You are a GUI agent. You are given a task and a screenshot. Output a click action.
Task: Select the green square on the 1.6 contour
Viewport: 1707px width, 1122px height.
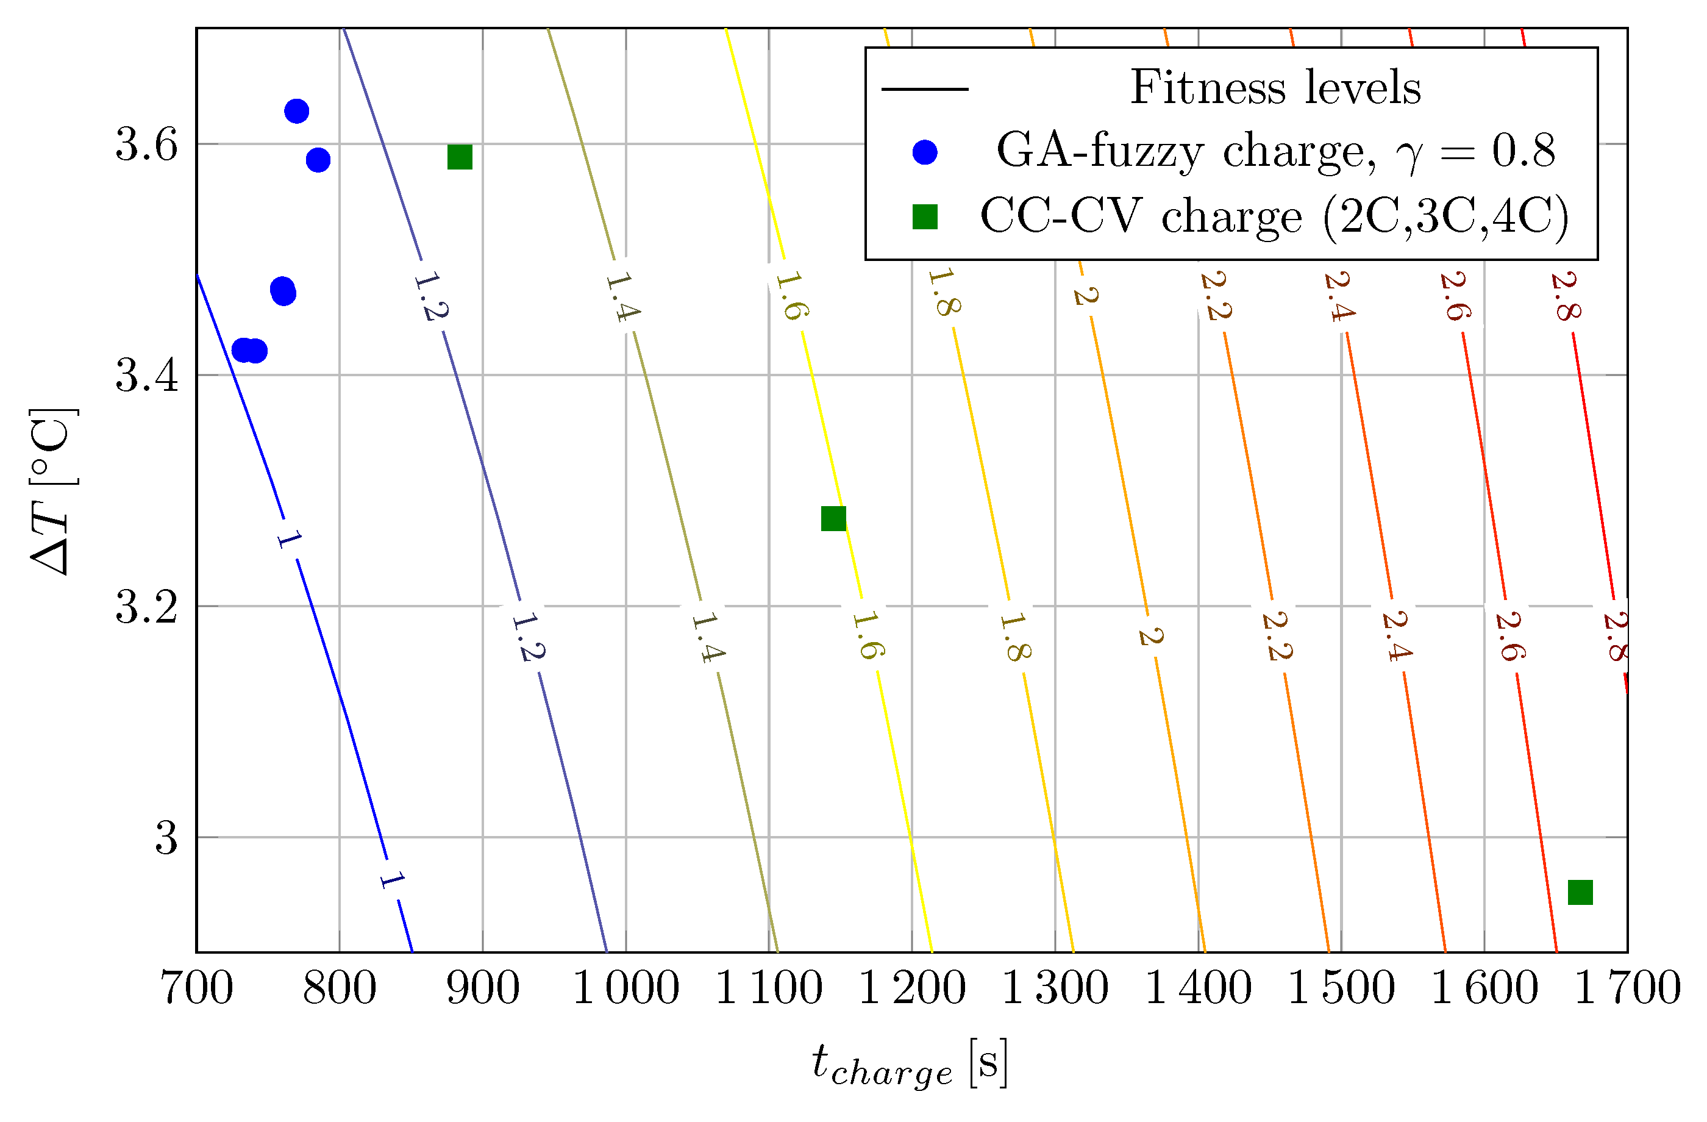pos(833,518)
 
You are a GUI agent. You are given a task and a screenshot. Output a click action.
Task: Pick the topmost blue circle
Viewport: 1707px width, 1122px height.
pos(296,111)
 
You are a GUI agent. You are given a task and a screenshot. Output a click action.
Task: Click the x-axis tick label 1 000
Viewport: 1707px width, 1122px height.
pos(625,988)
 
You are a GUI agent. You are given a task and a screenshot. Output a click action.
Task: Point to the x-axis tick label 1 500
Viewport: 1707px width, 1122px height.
pos(1341,988)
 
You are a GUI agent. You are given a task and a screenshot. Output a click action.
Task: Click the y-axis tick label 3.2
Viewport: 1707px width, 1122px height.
pos(146,607)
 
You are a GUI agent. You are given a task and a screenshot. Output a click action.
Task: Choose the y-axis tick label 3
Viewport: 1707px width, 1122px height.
pos(166,838)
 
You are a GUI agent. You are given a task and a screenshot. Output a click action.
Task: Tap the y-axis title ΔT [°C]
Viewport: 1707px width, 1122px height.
pos(52,491)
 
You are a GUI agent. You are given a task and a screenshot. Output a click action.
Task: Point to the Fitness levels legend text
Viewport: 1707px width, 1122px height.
pos(1275,88)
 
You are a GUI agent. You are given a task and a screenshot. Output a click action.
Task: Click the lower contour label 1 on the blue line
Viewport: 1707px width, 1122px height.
pos(391,879)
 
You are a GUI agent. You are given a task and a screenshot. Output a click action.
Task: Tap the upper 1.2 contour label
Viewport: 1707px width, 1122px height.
pos(431,296)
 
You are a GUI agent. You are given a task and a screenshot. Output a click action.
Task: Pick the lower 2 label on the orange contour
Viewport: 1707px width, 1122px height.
pos(1150,635)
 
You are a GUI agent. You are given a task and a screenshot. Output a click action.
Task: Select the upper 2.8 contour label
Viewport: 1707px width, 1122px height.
pos(1565,296)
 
